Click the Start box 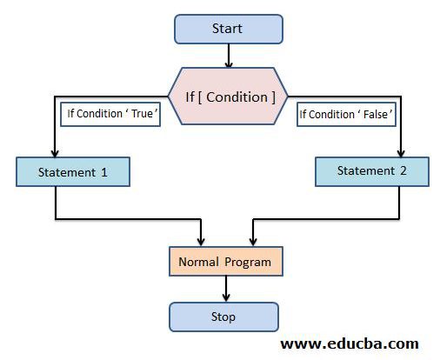click(x=229, y=29)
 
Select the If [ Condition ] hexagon click(x=228, y=97)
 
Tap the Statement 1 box click(x=73, y=172)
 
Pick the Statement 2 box click(x=372, y=171)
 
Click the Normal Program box click(x=226, y=262)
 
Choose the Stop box click(x=223, y=317)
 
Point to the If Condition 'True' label click(x=110, y=114)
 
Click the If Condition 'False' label click(x=346, y=115)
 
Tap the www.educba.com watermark click(x=350, y=343)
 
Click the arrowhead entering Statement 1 click(x=55, y=154)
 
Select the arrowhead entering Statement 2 click(x=401, y=154)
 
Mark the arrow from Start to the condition click(x=229, y=56)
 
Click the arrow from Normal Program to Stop click(x=226, y=289)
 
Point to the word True click(x=142, y=114)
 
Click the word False click(x=376, y=115)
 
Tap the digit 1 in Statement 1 click(x=104, y=172)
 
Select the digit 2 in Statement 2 click(x=403, y=170)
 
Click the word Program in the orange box click(x=248, y=263)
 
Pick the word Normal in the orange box click(x=198, y=262)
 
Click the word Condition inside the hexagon click(x=237, y=97)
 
